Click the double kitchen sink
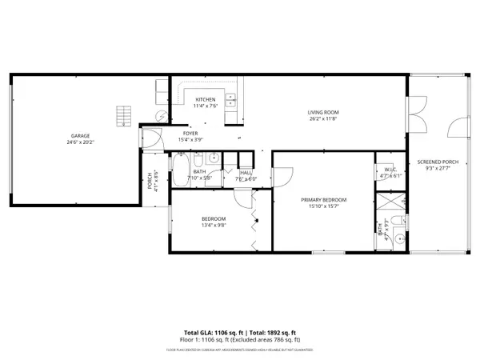(x=230, y=101)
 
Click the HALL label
(x=246, y=173)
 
